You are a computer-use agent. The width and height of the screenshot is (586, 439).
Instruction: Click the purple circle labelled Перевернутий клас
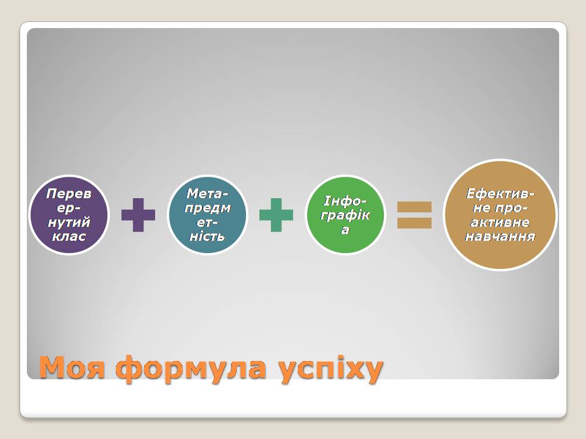pos(69,215)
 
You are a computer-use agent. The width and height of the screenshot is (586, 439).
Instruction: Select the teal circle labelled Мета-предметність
pos(208,215)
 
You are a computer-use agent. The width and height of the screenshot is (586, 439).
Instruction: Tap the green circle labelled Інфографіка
pos(345,215)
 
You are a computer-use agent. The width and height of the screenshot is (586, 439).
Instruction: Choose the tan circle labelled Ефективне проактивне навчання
pos(500,215)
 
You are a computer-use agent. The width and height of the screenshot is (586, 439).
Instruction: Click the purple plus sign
pos(139,215)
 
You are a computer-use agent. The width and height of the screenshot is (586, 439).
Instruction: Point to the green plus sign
pos(276,215)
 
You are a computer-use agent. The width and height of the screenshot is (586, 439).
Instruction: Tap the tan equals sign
pos(414,215)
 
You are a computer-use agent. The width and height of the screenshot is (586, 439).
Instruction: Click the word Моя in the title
pos(73,368)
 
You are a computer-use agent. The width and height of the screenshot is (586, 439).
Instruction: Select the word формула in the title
pos(194,369)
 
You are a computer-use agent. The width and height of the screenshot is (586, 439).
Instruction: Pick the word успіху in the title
pos(331,369)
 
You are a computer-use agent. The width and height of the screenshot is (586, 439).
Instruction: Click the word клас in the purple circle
pos(69,237)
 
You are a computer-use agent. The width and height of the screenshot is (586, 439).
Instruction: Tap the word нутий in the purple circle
pos(69,223)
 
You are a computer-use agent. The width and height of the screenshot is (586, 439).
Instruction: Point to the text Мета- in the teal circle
pos(208,193)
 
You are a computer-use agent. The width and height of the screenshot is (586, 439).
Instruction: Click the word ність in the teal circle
pos(208,237)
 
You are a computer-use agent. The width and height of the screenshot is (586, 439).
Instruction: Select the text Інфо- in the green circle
pos(345,201)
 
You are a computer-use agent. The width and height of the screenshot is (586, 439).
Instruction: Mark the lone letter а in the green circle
pos(345,230)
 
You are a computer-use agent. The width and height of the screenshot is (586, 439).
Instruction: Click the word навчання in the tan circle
pos(500,237)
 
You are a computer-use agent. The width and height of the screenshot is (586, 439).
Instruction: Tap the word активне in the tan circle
pos(500,223)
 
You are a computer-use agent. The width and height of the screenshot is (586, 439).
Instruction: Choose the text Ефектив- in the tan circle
pos(500,194)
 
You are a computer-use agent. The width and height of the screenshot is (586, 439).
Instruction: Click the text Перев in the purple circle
pos(69,193)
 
